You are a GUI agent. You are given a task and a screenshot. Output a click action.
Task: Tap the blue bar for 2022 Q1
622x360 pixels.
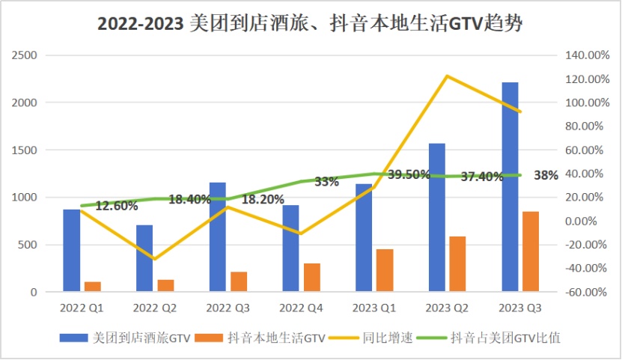click(x=72, y=251)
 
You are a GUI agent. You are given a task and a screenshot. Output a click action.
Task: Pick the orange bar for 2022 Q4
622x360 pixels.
click(x=311, y=278)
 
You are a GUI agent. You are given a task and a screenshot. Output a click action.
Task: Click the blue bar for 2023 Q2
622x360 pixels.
click(x=436, y=218)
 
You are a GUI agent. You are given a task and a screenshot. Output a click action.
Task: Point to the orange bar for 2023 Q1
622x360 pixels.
click(x=385, y=270)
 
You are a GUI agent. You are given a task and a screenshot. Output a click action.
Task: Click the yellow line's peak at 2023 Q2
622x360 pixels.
click(x=447, y=76)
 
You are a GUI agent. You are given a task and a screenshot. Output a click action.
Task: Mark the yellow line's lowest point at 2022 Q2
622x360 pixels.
click(x=155, y=259)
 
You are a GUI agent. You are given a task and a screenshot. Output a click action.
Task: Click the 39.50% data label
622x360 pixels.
click(x=408, y=174)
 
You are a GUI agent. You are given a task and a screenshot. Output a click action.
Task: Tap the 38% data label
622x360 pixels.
click(x=546, y=175)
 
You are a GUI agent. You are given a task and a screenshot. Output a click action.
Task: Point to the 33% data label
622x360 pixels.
click(x=326, y=181)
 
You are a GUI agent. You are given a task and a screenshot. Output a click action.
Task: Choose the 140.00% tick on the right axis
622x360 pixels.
click(x=582, y=55)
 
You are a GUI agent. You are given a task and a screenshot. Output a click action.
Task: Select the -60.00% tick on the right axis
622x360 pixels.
click(x=582, y=292)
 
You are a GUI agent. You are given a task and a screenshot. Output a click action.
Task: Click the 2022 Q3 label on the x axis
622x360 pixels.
click(x=228, y=308)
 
